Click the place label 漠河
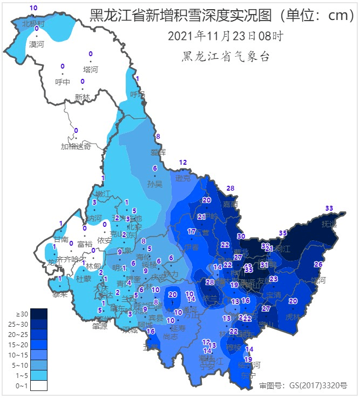coord(36,44)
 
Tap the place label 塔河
coord(91,70)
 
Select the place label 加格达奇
coord(76,146)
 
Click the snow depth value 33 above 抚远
coord(329,208)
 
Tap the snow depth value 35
coord(282,233)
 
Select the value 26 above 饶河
coord(318,264)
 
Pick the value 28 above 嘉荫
coord(230,188)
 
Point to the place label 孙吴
coord(155,184)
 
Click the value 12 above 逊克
coord(183,163)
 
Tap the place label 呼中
coord(63,82)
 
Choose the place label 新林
coord(83,97)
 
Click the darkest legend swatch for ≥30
coord(39,314)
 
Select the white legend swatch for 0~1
coord(39,386)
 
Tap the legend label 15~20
coord(18,345)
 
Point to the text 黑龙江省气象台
coord(226,57)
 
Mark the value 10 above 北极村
coord(33,8)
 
